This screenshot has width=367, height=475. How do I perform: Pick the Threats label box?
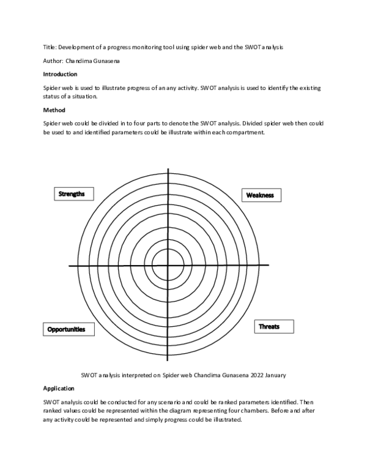tap(269, 327)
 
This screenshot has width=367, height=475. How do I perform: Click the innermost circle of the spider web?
tap(168, 266)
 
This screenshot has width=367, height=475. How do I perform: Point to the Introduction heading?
tap(60, 74)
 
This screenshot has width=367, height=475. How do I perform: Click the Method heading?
tap(54, 111)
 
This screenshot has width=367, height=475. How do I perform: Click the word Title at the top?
tap(49, 47)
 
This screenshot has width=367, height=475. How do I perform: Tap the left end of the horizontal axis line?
tap(70, 266)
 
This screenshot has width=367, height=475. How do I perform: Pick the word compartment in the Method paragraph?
tap(247, 133)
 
